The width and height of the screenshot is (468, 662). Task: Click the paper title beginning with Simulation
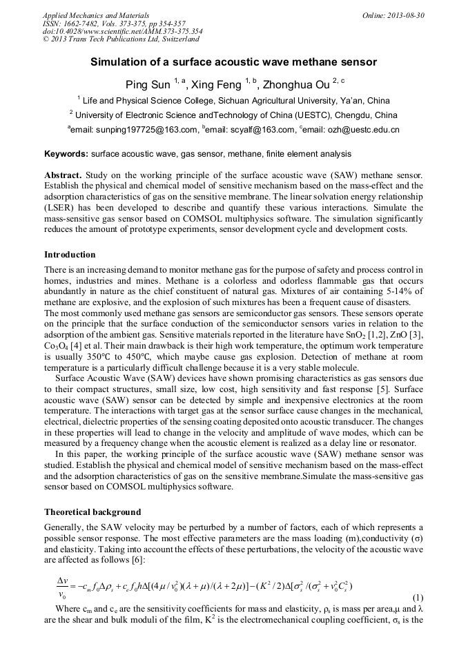[x=233, y=62]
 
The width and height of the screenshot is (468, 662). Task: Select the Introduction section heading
[x=70, y=255]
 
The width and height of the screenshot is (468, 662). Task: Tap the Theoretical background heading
[x=92, y=512]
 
